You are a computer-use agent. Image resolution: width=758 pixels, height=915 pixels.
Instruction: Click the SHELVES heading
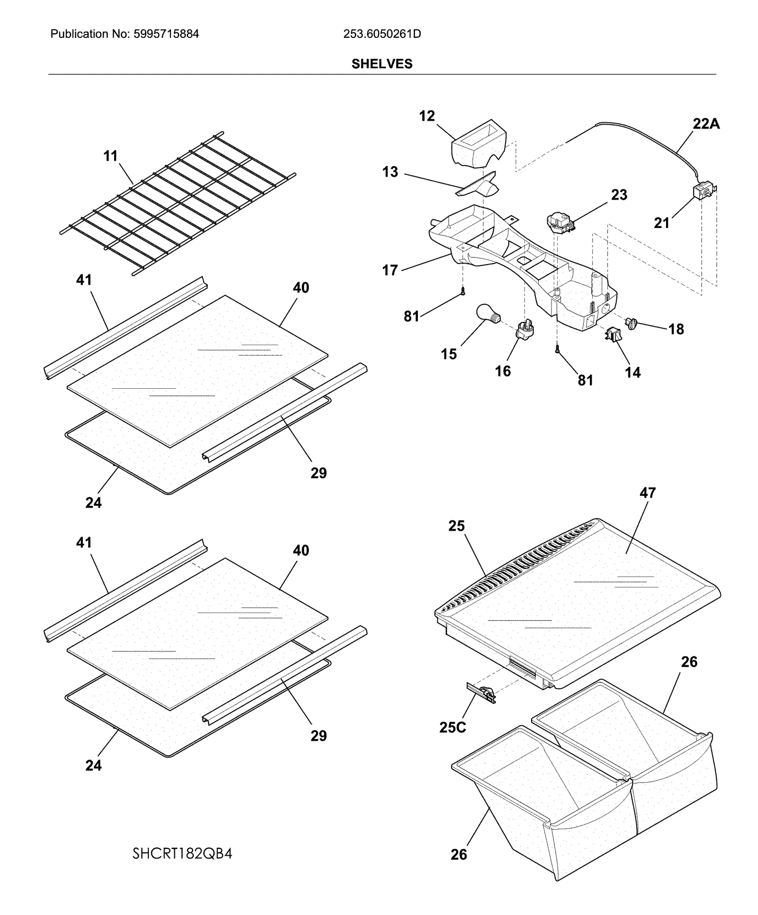tap(381, 64)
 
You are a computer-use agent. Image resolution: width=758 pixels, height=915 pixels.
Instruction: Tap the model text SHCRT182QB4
tap(182, 854)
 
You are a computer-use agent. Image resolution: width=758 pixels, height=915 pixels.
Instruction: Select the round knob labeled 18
tap(631, 324)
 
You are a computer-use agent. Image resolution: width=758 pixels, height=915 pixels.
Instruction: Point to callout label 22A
tap(706, 124)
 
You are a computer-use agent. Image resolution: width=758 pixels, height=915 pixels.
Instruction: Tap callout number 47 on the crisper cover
tap(648, 493)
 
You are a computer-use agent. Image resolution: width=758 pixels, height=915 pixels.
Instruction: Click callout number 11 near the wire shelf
tap(110, 156)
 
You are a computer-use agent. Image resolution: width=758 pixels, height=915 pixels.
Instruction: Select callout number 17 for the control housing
tap(390, 270)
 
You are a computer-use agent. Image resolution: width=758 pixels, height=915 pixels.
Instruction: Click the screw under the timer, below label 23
tap(558, 349)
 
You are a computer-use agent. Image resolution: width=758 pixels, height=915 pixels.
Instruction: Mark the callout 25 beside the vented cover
tap(456, 526)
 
